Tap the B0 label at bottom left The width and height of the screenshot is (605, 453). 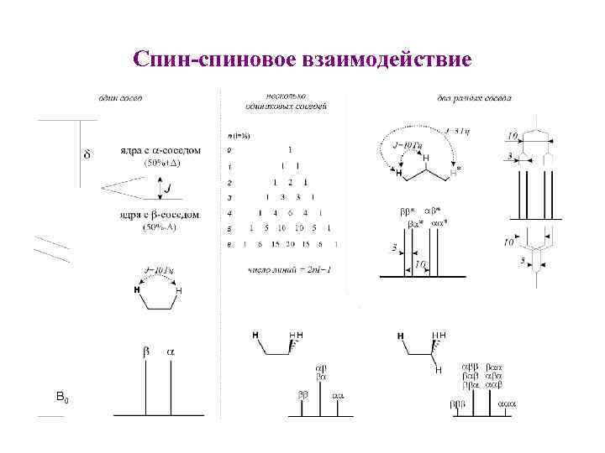point(62,395)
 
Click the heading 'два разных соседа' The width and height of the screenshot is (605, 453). point(474,98)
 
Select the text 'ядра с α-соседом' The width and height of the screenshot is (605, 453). point(160,151)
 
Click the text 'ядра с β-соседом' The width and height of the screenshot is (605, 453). point(160,216)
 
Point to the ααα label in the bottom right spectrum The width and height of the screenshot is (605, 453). point(508,404)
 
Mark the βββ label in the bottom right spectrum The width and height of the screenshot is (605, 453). point(457,404)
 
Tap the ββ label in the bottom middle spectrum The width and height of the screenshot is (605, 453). point(302,393)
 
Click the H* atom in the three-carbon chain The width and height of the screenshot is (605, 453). point(457,170)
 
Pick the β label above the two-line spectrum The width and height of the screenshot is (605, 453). point(145,352)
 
